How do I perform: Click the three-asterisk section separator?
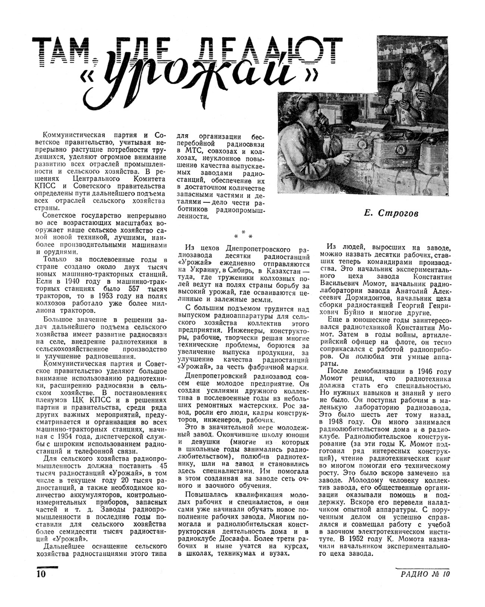click(243, 236)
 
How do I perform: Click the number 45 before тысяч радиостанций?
click(163, 466)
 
